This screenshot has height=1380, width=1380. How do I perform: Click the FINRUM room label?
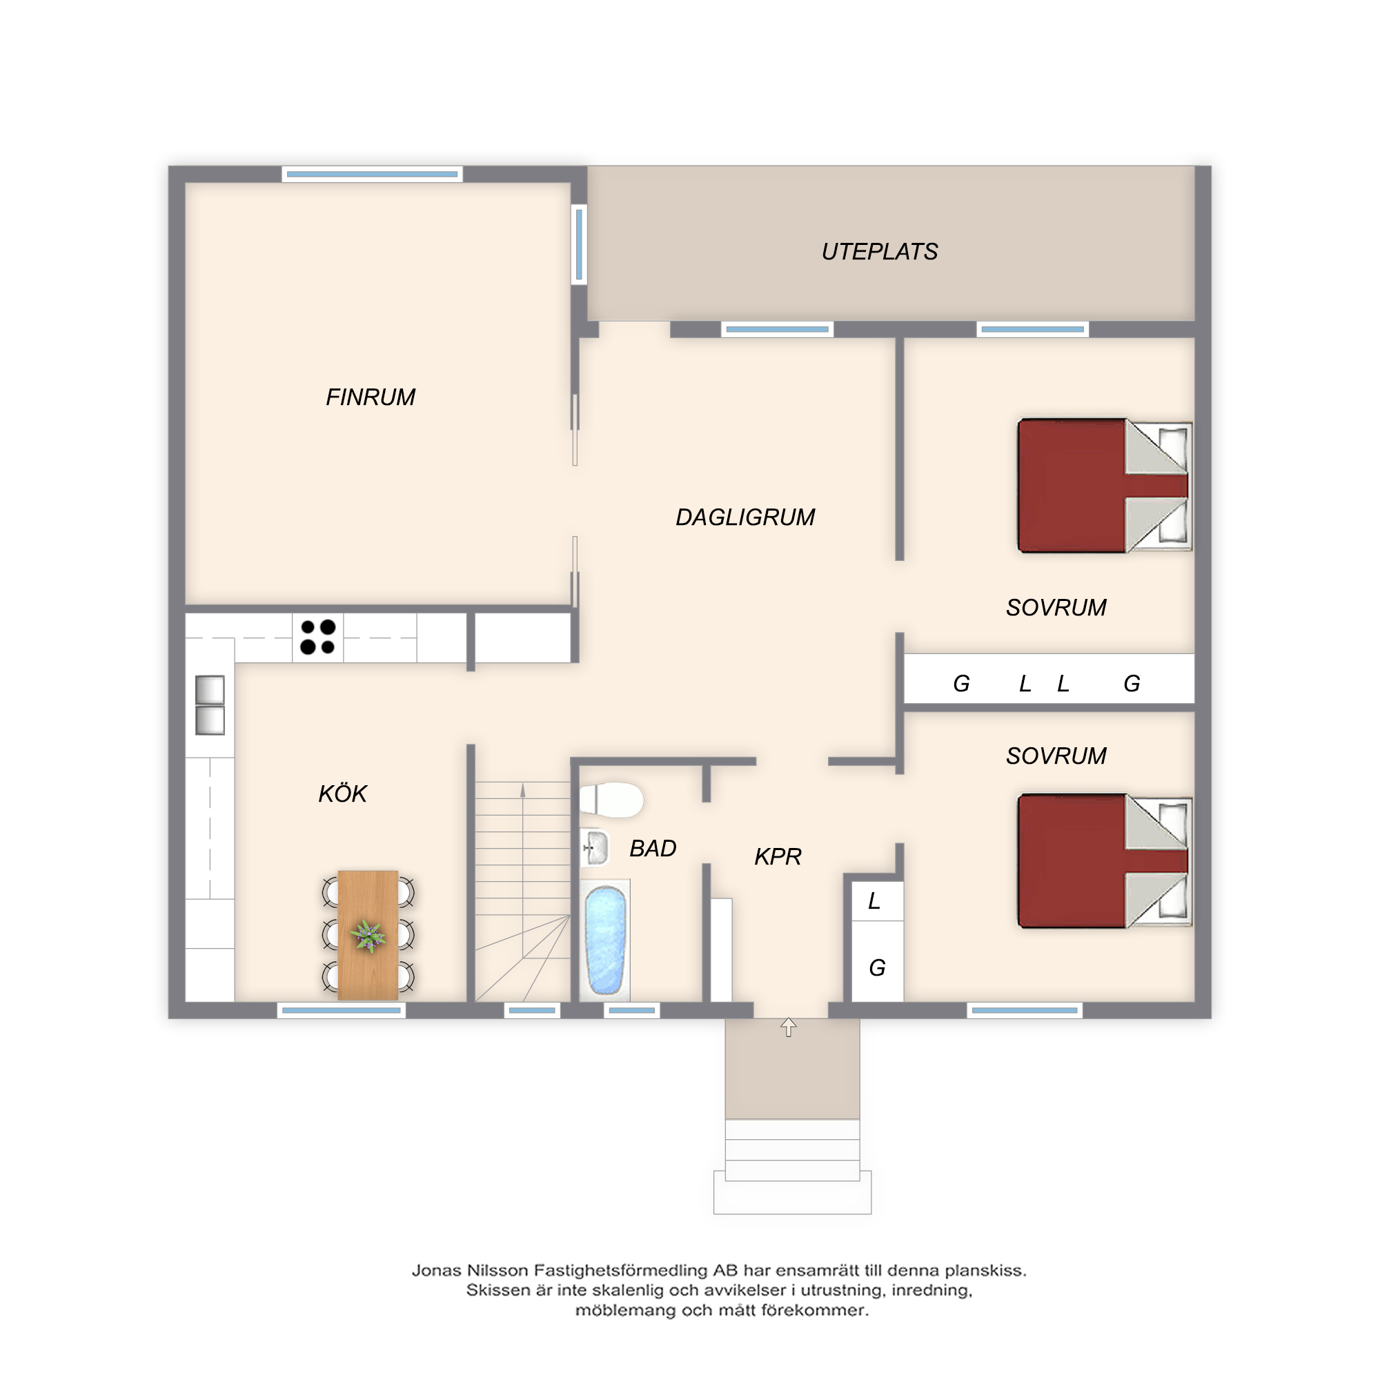370,397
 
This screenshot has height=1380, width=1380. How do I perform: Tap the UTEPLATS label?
879,251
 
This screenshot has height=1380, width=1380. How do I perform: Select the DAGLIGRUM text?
745,517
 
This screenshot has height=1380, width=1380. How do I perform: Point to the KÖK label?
342,793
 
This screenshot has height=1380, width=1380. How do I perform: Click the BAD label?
652,848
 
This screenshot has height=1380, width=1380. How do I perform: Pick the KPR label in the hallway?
778,856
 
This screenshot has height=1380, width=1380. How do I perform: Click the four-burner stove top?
318,637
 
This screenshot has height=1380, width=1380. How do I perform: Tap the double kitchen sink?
210,705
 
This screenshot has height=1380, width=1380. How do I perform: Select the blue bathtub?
606,940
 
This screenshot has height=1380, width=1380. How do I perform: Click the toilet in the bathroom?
611,800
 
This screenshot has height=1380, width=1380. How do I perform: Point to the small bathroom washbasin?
594,848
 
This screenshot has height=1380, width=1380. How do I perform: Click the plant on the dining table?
368,935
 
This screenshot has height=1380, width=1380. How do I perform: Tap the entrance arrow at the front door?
788,1027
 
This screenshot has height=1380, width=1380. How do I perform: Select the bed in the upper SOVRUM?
1104,486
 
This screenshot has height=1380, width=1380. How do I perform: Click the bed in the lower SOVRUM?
1104,860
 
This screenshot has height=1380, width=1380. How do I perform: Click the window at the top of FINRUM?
372,174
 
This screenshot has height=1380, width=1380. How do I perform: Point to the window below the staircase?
532,1010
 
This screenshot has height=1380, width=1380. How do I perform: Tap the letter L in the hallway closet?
874,901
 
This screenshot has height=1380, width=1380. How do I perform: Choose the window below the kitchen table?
342,1010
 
